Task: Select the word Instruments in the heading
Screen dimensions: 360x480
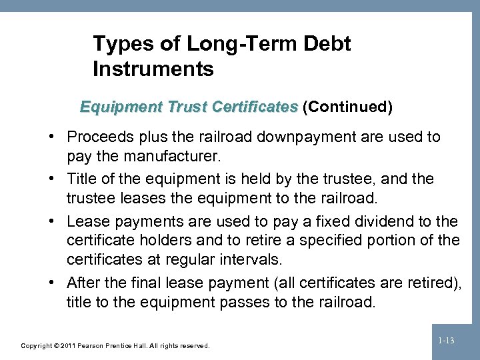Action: pyautogui.click(x=153, y=69)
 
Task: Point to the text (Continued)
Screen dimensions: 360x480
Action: pyautogui.click(x=347, y=106)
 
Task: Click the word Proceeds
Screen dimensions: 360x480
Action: pyautogui.click(x=98, y=137)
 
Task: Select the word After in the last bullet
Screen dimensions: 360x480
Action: pyautogui.click(x=83, y=282)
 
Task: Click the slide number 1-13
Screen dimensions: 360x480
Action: pyautogui.click(x=447, y=341)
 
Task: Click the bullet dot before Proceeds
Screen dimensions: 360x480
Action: pyautogui.click(x=53, y=137)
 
